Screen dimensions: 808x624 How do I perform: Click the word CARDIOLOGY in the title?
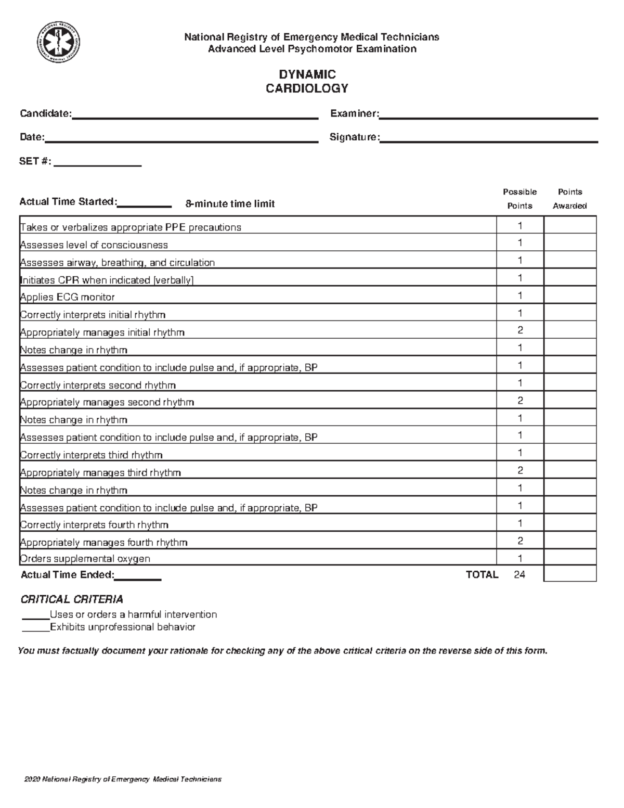point(307,88)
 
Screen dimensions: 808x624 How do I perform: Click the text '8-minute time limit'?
point(230,204)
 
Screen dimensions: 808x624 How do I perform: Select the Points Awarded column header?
point(569,199)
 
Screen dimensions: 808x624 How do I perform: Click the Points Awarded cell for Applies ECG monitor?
point(570,296)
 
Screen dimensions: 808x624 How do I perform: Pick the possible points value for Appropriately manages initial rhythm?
point(519,330)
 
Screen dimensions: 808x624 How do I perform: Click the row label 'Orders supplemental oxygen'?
point(85,559)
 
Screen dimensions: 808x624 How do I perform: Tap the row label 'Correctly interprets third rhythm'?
point(92,455)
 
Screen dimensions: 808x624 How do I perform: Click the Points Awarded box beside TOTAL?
point(570,574)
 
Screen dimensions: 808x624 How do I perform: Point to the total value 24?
point(519,574)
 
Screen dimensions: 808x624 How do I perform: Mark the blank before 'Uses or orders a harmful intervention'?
point(35,615)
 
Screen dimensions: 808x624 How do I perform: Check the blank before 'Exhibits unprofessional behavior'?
point(35,628)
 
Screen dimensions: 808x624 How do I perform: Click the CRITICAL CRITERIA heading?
point(72,599)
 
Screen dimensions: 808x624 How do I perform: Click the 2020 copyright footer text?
point(123,779)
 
